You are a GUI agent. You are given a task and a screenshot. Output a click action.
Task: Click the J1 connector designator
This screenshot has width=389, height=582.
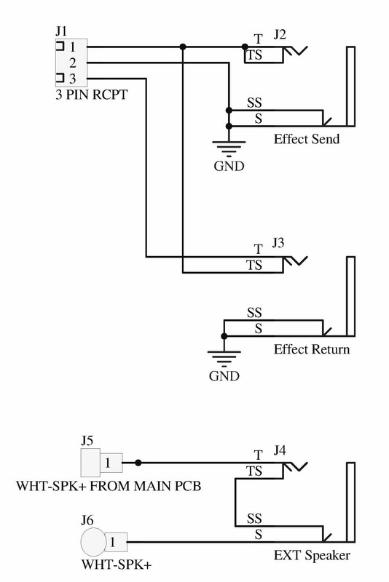(x=61, y=31)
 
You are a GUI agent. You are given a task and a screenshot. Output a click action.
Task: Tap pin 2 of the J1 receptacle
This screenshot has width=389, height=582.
(x=72, y=63)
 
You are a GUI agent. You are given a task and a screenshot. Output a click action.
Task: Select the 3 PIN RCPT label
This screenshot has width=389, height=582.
(x=91, y=95)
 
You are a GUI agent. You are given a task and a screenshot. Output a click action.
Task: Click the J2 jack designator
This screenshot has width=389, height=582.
(x=280, y=34)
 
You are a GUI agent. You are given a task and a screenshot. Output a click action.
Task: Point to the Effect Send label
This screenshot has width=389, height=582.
(x=307, y=139)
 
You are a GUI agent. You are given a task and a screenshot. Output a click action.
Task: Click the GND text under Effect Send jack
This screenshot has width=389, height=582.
(x=229, y=166)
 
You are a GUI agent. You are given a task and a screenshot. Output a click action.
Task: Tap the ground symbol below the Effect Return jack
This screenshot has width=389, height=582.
(x=224, y=357)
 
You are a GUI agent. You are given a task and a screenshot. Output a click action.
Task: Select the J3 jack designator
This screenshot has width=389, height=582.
(x=278, y=243)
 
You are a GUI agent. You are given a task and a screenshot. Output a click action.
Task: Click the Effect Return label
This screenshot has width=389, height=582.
(x=312, y=349)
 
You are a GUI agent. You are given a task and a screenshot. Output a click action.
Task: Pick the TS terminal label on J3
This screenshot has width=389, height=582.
(x=254, y=266)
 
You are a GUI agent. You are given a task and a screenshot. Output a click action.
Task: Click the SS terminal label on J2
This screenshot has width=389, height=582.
(x=254, y=103)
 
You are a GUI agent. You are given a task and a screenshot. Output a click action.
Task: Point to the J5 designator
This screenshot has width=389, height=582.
(x=87, y=441)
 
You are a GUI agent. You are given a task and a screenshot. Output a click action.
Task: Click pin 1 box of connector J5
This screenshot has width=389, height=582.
(x=111, y=463)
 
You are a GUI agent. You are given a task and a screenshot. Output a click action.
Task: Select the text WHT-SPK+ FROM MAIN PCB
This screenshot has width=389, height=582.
(x=109, y=486)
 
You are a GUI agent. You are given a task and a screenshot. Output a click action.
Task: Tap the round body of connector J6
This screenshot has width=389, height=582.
(x=93, y=542)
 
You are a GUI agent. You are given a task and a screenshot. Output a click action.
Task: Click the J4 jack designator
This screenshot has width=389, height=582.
(x=280, y=450)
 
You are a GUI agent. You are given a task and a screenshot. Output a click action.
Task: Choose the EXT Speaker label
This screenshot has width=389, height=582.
(x=312, y=555)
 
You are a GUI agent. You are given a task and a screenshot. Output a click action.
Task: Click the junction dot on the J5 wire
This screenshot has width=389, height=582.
(x=138, y=463)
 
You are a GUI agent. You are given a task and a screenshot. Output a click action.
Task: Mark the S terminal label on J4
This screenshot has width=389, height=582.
(x=258, y=535)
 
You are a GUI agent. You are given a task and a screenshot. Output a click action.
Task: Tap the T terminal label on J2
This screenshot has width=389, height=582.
(x=258, y=39)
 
